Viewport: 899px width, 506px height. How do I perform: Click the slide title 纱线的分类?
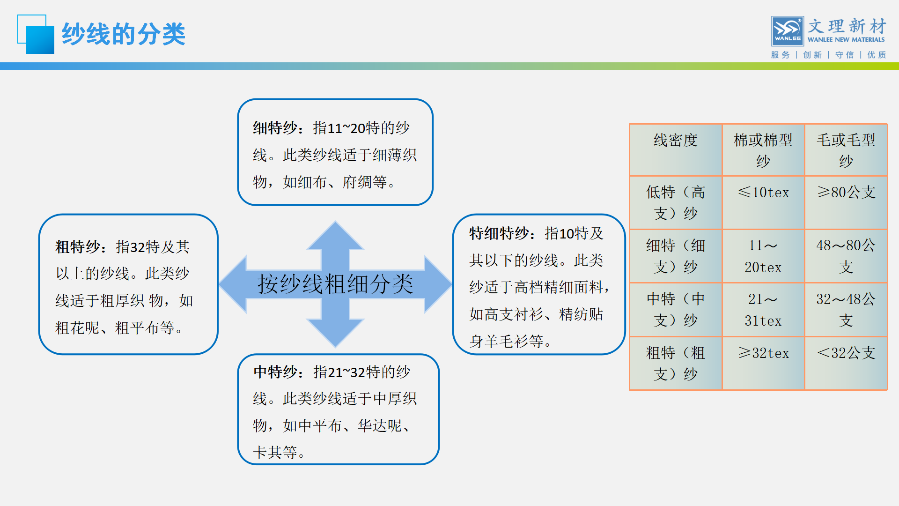coord(124,34)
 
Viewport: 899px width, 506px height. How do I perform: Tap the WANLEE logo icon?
coord(788,31)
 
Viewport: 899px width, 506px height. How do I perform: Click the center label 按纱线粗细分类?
coord(335,284)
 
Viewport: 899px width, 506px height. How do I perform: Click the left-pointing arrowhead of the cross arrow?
coord(233,284)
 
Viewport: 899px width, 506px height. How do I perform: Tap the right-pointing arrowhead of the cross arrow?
coord(438,284)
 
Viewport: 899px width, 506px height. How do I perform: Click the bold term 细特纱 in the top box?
coord(275,128)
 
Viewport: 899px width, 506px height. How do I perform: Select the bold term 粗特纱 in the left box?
coord(78,247)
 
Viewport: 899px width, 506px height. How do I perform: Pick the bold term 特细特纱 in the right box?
coord(499,233)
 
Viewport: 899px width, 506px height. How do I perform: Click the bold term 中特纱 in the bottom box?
coord(276,372)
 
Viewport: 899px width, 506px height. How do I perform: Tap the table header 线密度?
coord(676,140)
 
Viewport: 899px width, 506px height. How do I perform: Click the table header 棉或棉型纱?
coord(763,150)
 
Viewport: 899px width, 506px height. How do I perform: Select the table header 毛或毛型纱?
coord(846,150)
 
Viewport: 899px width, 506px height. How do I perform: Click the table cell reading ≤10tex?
coord(763,192)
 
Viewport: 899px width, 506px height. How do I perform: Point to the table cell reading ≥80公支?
coord(846,192)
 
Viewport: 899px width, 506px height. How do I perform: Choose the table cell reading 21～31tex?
coord(763,310)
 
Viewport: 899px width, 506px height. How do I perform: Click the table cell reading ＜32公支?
coord(846,353)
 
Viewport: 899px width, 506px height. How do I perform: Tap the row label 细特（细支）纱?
coord(676,256)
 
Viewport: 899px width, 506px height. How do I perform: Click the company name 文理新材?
coord(847,26)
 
